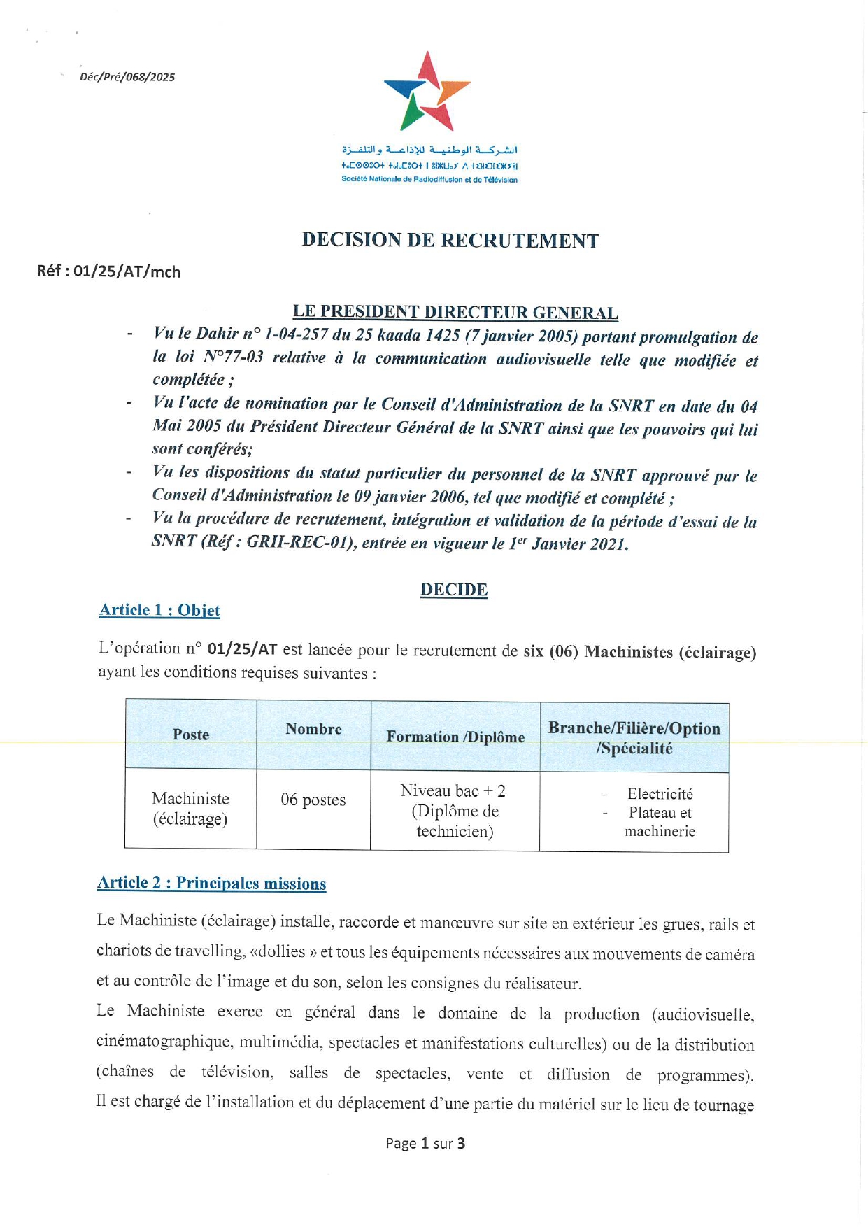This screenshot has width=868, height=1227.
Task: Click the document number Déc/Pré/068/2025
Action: click(x=127, y=77)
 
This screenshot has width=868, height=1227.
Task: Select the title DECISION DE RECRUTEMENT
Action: click(x=450, y=241)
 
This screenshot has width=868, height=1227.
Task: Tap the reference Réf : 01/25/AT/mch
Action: click(x=108, y=271)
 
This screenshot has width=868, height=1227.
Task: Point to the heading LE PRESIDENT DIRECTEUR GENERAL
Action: click(x=455, y=312)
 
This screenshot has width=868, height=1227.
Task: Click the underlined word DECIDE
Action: click(x=454, y=590)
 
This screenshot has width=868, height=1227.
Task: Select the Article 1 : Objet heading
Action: click(x=159, y=610)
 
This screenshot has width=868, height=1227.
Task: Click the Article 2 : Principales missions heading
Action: click(x=211, y=883)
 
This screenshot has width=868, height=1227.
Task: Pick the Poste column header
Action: click(x=191, y=735)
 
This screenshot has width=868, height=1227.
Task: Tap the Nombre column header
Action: click(x=313, y=729)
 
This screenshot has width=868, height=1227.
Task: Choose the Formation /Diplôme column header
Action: click(x=455, y=737)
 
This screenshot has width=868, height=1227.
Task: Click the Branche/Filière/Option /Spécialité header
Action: click(x=634, y=738)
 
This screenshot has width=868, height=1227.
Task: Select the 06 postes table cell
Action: click(x=313, y=800)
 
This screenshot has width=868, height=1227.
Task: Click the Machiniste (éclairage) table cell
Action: click(x=190, y=809)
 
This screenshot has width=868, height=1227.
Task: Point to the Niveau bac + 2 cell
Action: click(x=453, y=791)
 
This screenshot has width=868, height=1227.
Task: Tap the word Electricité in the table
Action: click(x=660, y=794)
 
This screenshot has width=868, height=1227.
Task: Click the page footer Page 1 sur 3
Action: click(x=425, y=1143)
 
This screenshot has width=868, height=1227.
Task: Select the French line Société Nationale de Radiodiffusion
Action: click(x=429, y=180)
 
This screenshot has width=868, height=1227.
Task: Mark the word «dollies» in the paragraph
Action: click(x=287, y=952)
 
